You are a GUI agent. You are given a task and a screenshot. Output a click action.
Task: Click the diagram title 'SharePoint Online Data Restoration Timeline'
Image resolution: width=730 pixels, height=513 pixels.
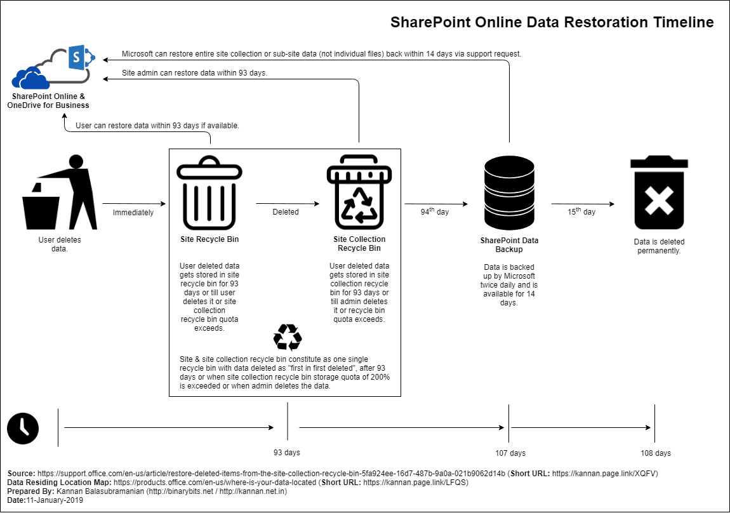pos(552,22)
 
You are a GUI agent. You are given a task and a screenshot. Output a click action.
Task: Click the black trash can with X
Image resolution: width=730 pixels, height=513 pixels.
pos(659,193)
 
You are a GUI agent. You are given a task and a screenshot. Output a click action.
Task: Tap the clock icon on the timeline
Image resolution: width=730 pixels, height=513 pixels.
pos(23,428)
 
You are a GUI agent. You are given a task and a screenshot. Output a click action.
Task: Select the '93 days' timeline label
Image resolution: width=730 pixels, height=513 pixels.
pos(287,453)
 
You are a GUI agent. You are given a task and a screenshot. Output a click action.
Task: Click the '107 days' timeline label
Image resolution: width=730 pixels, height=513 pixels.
pos(510,453)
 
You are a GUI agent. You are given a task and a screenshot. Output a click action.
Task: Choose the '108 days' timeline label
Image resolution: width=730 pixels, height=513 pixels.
pos(656,453)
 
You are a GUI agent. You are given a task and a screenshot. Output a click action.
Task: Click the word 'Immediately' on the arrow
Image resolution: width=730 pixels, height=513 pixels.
pos(133,213)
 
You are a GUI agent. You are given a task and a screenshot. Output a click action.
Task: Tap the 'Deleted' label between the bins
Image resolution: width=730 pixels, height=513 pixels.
pos(286,212)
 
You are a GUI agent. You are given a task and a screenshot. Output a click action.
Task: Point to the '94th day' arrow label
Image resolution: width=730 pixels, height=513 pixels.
pos(435,211)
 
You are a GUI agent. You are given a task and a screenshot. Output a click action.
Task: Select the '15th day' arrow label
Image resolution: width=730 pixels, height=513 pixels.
pos(581,211)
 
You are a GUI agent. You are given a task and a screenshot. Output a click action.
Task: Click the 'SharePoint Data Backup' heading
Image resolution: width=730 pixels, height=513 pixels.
pos(509,245)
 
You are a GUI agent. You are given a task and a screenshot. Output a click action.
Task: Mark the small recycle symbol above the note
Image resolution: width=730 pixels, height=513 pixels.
pos(287,338)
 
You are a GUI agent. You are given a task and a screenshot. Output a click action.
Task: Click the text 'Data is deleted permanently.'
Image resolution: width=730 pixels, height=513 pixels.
pos(659,246)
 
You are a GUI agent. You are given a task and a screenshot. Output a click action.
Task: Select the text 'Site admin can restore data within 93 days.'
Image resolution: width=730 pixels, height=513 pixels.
pos(194,73)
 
